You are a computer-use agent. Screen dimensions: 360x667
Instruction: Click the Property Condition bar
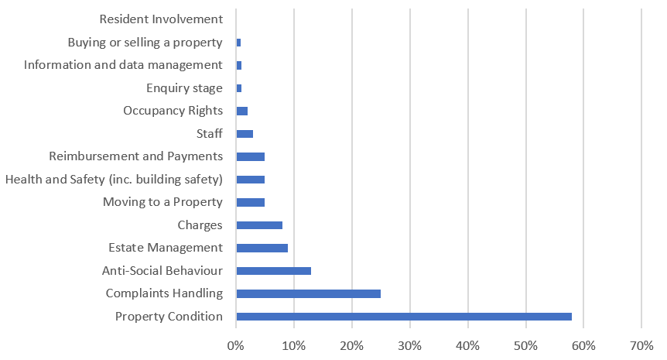[404, 316]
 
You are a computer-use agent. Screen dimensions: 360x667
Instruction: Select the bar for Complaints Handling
[308, 293]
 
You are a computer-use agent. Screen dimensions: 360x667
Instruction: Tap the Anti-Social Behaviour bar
[273, 271]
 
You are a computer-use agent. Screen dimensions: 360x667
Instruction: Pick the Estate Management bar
[262, 248]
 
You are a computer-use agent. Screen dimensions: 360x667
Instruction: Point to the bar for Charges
[259, 225]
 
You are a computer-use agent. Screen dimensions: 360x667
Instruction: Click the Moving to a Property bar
[250, 202]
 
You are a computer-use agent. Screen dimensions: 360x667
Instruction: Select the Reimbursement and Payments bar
[250, 156]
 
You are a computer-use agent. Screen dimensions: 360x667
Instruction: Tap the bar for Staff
[245, 134]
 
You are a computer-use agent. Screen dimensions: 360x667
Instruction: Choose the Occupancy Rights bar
[241, 111]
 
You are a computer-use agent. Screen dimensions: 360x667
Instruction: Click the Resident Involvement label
[162, 19]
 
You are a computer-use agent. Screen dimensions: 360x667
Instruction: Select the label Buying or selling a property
[145, 42]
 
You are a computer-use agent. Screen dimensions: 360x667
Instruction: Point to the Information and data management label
[123, 65]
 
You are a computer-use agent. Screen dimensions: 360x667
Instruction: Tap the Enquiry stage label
[184, 88]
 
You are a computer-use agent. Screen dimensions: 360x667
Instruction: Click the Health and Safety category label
[114, 180]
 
